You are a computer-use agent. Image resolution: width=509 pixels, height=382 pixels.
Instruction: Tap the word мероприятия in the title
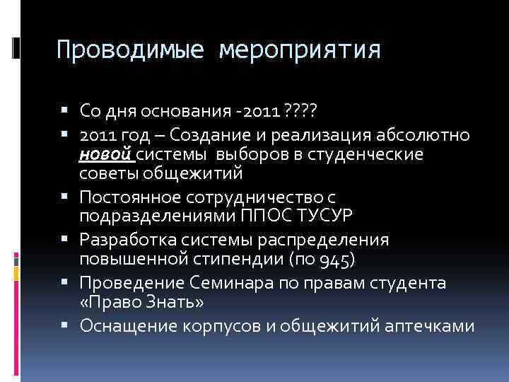pos(300,50)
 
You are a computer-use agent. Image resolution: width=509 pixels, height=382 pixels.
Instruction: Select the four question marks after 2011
pos(301,111)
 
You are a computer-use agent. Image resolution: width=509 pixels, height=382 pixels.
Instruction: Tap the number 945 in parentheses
pos(332,259)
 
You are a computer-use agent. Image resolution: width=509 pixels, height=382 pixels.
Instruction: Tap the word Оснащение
pos(132,326)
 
